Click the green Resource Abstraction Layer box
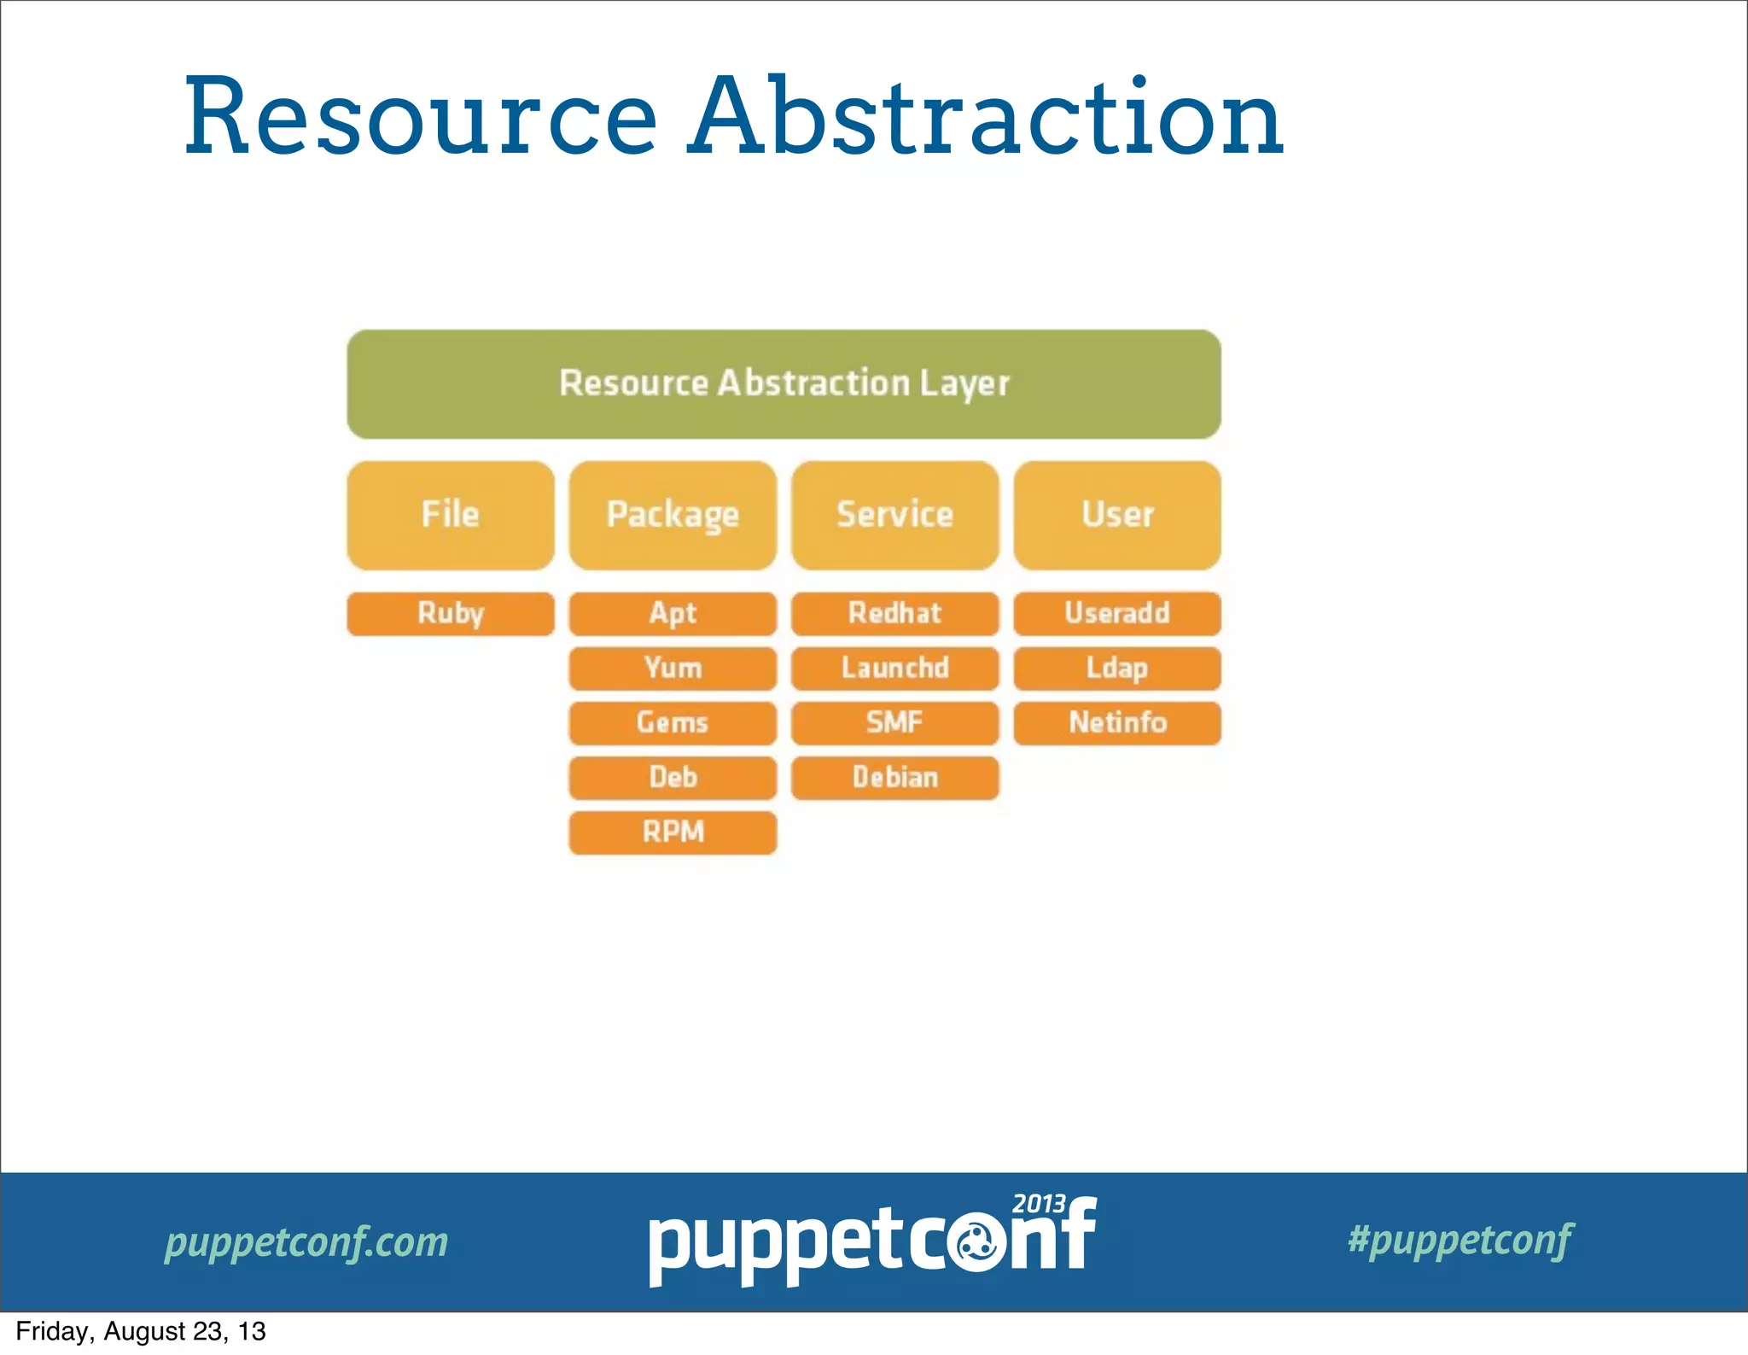[784, 384]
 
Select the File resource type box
[451, 515]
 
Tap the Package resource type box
[673, 515]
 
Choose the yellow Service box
[894, 515]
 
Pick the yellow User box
[1117, 515]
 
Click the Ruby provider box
[451, 613]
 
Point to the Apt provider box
[673, 613]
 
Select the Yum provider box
[673, 668]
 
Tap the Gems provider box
[673, 722]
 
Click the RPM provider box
[673, 832]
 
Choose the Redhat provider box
[894, 613]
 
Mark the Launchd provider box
[894, 668]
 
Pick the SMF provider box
[894, 722]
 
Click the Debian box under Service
[894, 777]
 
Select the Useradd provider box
[1117, 613]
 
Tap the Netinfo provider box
[1117, 722]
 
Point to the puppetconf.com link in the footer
[306, 1242]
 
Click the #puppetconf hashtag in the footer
[1460, 1240]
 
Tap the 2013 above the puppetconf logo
[1039, 1204]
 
